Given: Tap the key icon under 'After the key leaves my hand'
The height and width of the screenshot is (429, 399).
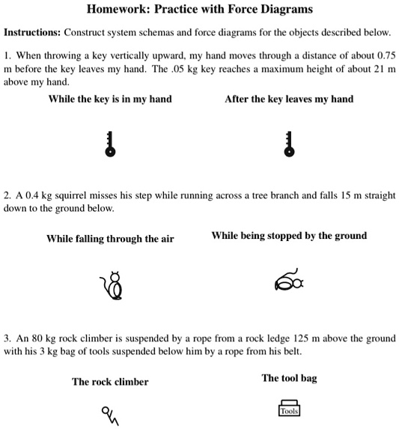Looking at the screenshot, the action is point(289,142).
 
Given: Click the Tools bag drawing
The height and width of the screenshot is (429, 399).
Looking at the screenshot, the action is point(289,407).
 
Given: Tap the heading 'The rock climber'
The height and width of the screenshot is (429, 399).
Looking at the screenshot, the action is point(110,382).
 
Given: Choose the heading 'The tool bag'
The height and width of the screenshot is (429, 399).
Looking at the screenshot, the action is point(289,378).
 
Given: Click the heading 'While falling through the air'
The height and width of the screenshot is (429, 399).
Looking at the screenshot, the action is point(110,239).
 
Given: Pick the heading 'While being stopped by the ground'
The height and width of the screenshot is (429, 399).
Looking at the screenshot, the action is point(289,235).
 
